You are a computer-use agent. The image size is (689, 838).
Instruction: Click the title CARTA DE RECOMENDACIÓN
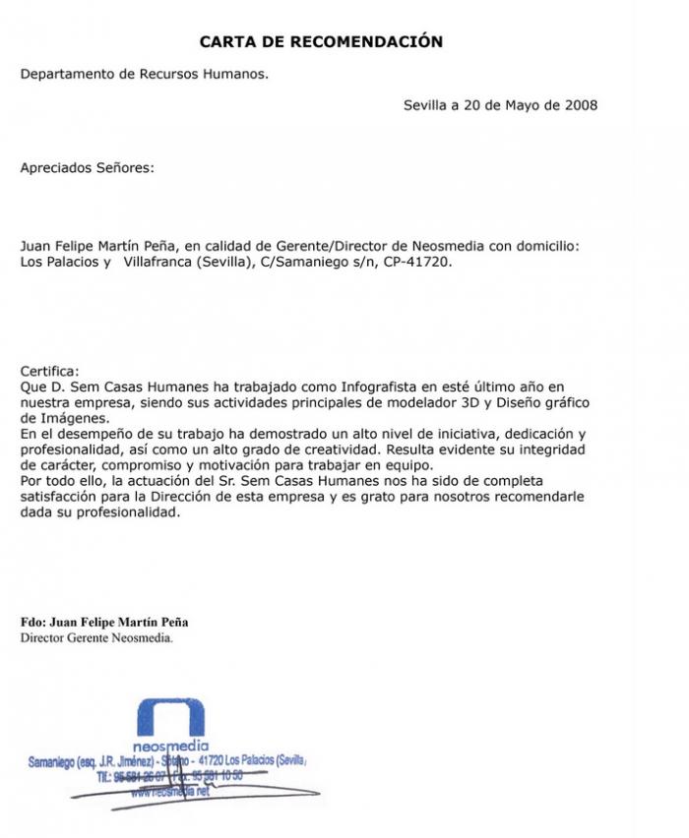coord(321,41)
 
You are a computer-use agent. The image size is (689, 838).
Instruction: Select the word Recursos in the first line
coord(176,73)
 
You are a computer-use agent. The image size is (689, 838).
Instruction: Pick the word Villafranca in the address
coord(161,263)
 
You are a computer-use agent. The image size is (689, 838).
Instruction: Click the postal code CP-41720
coord(416,263)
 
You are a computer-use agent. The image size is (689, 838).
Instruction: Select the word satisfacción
coord(60,495)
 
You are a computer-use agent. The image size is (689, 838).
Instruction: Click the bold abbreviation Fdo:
coord(33,623)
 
